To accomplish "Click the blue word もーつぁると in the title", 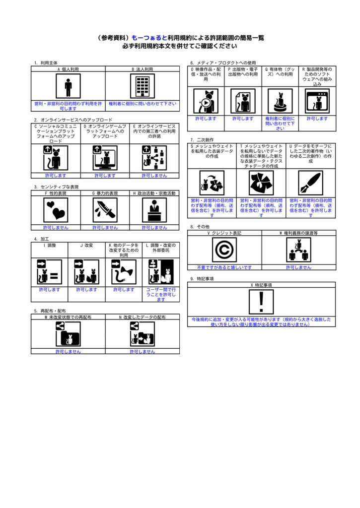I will coord(149,38).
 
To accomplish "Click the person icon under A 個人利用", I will coord(68,87).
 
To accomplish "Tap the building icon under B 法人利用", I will coord(143,87).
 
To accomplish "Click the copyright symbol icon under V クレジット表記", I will coord(224,250).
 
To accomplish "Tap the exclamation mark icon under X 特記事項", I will coord(261,302).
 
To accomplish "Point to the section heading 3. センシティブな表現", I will coord(57,187).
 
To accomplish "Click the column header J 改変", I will coord(87,245).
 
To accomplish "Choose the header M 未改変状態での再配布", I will coord(68,317).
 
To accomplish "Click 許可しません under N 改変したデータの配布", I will coord(143,351).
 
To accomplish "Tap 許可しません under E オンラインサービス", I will coord(154,176).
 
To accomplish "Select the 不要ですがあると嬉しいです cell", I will coord(224,267).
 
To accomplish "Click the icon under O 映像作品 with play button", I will coord(206,101).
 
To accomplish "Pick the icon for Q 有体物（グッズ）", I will coord(280,101).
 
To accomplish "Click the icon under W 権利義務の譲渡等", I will coord(298,250).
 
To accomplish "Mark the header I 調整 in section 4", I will coord(50,245).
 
